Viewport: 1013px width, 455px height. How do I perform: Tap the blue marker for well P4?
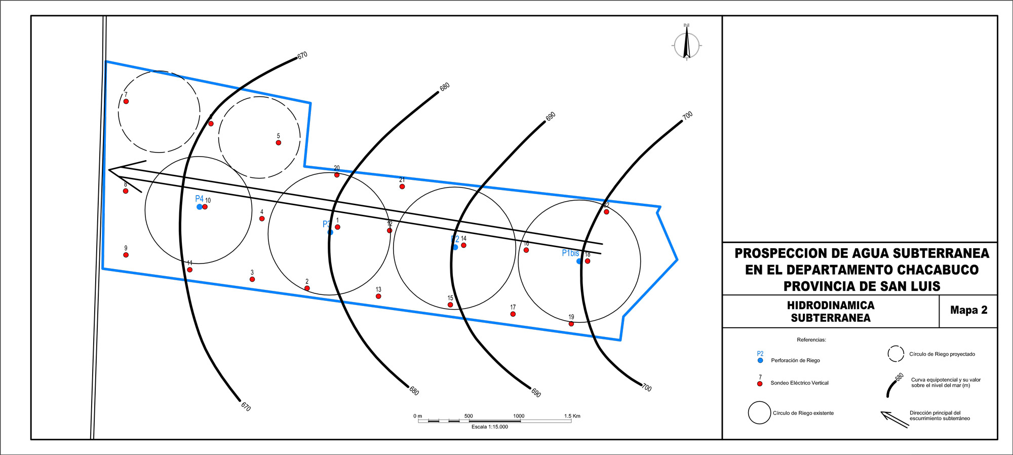point(200,207)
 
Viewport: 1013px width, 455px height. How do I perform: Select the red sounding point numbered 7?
point(126,101)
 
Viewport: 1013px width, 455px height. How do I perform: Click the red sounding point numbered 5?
point(279,143)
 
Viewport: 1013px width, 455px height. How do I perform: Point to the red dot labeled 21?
point(402,186)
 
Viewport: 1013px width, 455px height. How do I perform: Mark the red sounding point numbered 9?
point(126,255)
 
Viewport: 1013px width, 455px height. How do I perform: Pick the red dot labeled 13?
point(378,296)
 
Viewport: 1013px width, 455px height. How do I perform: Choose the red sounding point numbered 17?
point(513,314)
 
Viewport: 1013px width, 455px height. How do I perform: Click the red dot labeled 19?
point(571,324)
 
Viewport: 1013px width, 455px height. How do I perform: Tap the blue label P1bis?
point(570,253)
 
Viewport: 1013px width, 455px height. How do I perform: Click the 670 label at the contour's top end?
point(302,55)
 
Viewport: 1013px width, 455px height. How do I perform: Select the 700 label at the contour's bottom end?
point(647,388)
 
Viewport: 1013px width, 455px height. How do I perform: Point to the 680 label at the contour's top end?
point(445,87)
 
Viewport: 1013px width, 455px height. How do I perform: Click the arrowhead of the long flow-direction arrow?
point(109,170)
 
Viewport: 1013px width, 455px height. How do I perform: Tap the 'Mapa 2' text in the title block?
point(969,310)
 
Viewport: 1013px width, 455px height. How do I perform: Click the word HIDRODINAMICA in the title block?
point(831,305)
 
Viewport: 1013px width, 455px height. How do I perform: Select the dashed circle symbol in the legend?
point(896,354)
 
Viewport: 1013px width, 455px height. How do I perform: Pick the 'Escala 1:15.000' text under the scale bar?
point(490,427)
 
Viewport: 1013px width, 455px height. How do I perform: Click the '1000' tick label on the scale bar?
point(519,416)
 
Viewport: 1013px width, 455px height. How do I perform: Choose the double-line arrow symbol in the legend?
point(895,420)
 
